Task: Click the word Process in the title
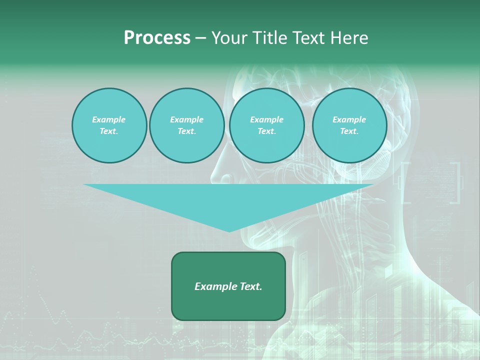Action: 157,38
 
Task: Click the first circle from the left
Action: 109,125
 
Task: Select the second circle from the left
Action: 186,125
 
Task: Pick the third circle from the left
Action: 266,125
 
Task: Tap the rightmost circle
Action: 349,125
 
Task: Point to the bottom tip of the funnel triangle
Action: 229,231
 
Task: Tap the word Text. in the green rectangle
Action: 250,286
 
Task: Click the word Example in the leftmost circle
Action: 109,119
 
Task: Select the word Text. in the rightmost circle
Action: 349,131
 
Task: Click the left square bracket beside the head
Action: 405,182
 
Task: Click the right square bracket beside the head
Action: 455,182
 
